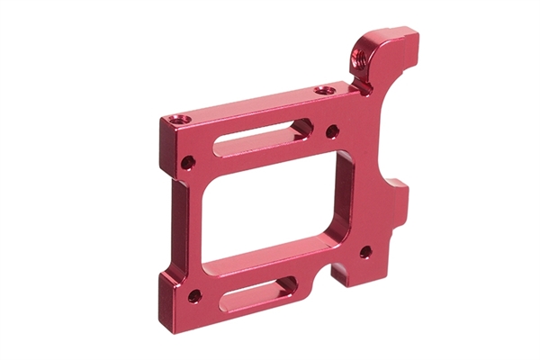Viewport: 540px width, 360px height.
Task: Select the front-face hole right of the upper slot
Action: coord(332,131)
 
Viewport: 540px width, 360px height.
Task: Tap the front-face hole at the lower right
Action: coord(365,251)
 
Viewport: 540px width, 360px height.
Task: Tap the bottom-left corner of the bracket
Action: coord(163,301)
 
